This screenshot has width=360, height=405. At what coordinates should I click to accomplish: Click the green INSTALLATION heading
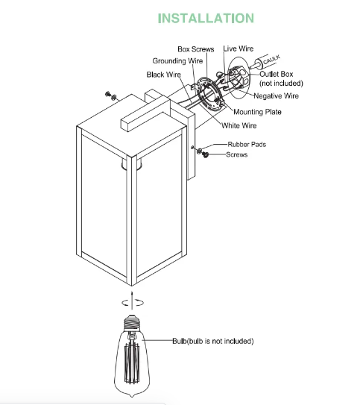tap(206, 19)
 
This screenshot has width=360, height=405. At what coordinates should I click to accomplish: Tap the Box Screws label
tap(196, 49)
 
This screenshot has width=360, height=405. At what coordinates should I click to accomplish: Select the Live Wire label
tap(239, 48)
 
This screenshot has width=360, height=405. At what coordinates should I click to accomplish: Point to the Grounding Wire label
tap(177, 61)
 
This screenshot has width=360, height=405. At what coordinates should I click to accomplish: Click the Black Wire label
tap(164, 75)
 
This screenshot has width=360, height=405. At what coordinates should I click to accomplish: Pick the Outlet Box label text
tap(276, 74)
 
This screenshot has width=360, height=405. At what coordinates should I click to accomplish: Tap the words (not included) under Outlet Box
tap(281, 84)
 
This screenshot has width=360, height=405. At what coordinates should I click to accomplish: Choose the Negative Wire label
tap(276, 95)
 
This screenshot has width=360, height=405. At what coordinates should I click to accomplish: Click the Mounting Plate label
tap(257, 112)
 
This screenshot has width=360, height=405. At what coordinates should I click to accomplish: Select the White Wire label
tap(239, 125)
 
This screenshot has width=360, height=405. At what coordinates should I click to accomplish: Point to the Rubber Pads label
tap(247, 145)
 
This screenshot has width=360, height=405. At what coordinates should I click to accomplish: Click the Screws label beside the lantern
tap(236, 154)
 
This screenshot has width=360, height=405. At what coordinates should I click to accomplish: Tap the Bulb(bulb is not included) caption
tap(213, 341)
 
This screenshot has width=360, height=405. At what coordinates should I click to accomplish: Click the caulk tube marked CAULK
tap(266, 62)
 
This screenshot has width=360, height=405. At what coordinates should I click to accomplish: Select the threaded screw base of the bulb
tap(132, 323)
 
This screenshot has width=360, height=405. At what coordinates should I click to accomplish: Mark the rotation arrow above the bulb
tap(133, 301)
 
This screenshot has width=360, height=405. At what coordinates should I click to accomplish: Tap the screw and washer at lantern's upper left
tap(111, 95)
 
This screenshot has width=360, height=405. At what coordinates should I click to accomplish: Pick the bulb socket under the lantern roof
tap(132, 165)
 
